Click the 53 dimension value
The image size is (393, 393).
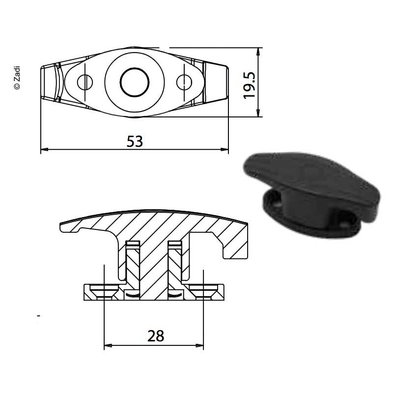point(135,141)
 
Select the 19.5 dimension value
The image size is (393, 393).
point(249,85)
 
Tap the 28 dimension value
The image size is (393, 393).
point(156,336)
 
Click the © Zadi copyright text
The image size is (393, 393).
point(17,78)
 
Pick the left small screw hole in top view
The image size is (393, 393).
point(85,82)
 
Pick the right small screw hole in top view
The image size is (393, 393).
point(184,82)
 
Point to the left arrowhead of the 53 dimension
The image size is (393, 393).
point(44,149)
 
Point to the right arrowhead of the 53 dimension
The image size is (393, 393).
point(225,149)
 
